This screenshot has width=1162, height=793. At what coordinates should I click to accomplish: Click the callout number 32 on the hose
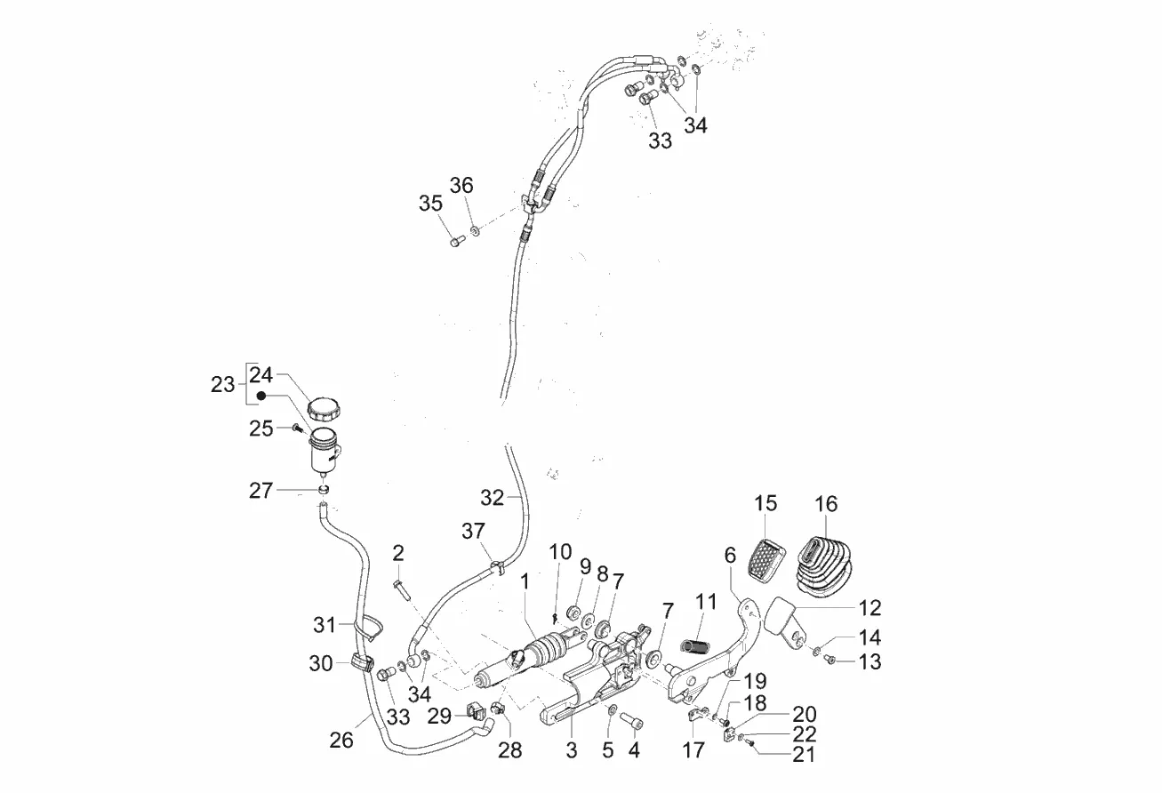(x=492, y=497)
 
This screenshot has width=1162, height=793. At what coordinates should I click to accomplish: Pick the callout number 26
(x=342, y=739)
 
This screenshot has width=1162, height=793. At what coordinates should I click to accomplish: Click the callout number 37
(x=473, y=532)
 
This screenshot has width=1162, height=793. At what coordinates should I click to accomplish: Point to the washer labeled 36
(x=475, y=230)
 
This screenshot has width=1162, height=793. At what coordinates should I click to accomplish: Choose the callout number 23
(x=222, y=385)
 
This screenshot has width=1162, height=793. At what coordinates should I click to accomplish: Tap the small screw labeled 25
(x=297, y=429)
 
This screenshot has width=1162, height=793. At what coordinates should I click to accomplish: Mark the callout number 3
(x=571, y=750)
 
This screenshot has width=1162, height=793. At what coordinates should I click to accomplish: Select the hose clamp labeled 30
(x=362, y=663)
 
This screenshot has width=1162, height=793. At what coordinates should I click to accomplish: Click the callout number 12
(x=869, y=608)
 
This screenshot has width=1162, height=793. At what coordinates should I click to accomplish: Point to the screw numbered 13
(x=829, y=660)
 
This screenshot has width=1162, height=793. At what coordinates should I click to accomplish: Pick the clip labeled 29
(x=474, y=710)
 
